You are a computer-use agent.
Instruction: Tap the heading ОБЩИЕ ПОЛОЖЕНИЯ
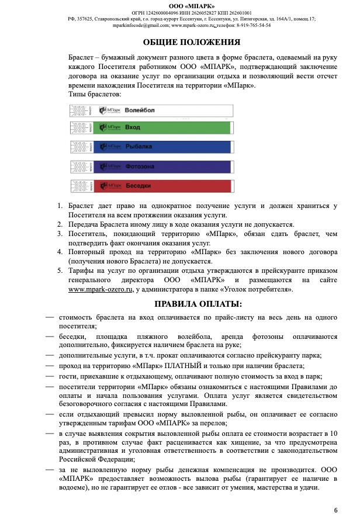coord(191,42)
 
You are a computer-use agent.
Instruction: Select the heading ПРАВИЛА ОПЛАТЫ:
coord(198,304)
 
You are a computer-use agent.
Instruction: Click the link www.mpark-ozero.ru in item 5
coord(98,289)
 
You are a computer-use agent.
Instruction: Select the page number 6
coord(335,509)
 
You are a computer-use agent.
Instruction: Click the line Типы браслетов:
coord(95,94)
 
